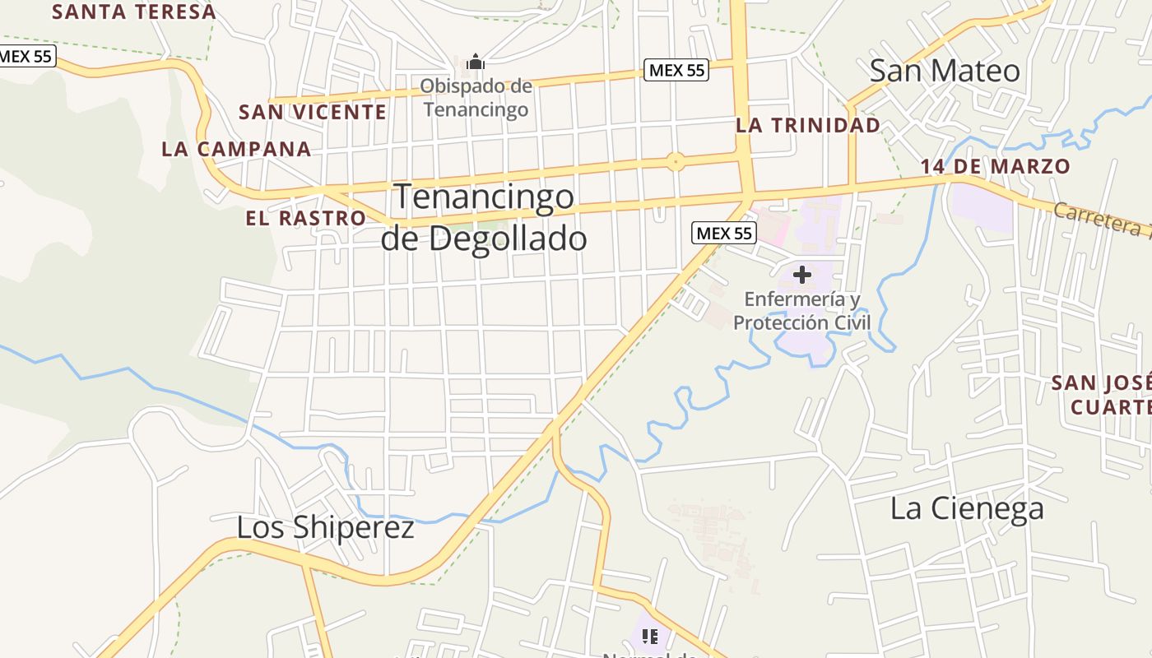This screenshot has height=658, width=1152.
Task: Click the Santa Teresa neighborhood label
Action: pos(134,12)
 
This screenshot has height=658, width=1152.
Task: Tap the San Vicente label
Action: pos(313,112)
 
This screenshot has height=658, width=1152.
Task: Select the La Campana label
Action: pos(237,149)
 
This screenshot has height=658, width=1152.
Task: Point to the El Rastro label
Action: pos(305,218)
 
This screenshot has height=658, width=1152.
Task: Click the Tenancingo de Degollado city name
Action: pos(484,218)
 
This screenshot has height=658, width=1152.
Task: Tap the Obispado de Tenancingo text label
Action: pos(476,97)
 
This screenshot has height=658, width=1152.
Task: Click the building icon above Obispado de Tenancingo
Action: pos(475,62)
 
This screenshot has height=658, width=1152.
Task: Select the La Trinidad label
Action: pos(808,125)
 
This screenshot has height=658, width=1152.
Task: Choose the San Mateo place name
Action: pos(945,71)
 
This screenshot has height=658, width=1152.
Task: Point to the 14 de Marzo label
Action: pos(995,166)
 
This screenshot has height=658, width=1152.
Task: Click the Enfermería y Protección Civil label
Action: pos(801,310)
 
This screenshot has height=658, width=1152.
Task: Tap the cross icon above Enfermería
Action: pos(801,275)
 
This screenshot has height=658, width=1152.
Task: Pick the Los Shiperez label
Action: pos(326,527)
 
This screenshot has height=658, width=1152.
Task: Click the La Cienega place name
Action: pos(967,508)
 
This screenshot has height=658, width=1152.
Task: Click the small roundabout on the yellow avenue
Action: pos(676,161)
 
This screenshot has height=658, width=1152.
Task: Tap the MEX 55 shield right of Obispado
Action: pos(676,70)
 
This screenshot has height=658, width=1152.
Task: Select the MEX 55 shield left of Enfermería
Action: pos(724,233)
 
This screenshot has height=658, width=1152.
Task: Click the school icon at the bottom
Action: pos(650,636)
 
